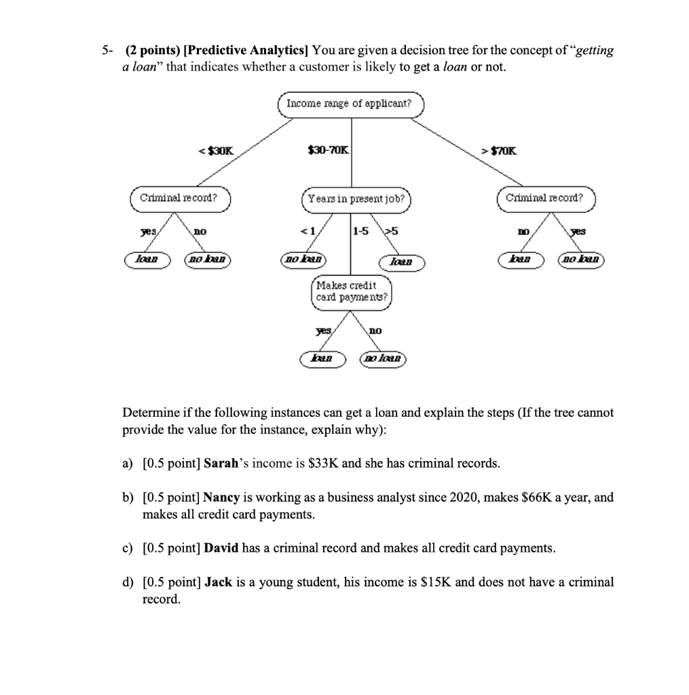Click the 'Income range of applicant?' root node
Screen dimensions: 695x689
[x=350, y=104]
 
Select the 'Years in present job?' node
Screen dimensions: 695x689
[x=356, y=200]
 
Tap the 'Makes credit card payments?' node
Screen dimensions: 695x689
[x=352, y=292]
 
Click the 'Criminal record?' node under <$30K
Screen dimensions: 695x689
[x=179, y=198]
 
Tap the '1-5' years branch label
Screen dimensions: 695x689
[x=360, y=231]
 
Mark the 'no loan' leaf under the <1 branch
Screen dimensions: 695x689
[x=303, y=259]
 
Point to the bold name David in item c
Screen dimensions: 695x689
[x=221, y=548]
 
